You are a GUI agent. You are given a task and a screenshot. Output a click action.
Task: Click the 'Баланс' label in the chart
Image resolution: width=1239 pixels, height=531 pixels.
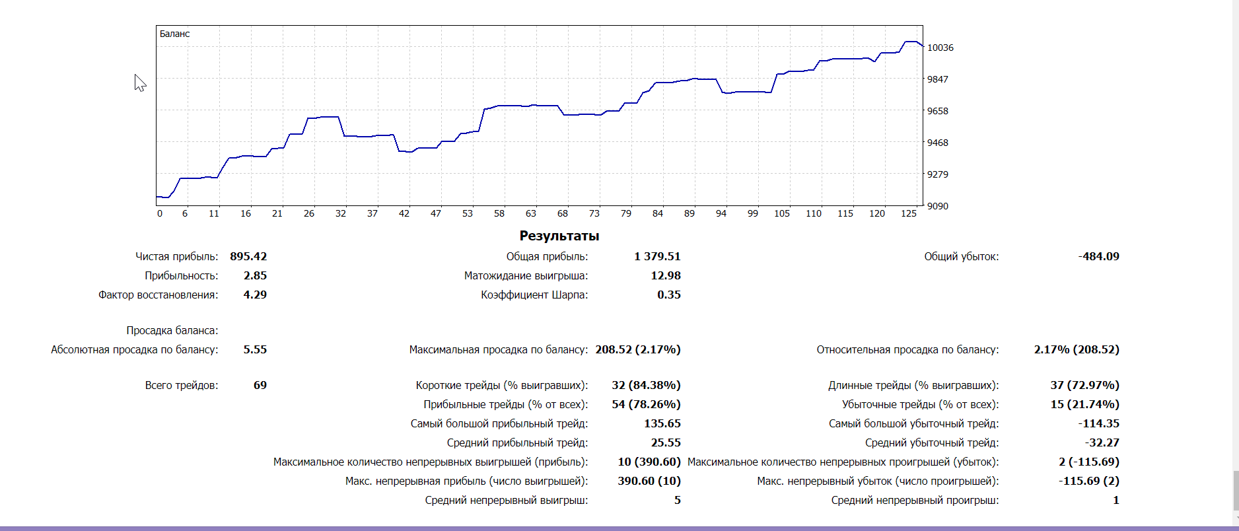[x=174, y=34]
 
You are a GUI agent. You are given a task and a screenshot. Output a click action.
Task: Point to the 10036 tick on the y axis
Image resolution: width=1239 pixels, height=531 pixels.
[x=940, y=48]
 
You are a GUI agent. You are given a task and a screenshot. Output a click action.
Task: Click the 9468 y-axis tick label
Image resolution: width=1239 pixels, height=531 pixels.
[x=937, y=143]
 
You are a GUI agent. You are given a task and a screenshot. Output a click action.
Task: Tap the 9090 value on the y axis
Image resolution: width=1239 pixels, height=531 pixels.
[x=937, y=206]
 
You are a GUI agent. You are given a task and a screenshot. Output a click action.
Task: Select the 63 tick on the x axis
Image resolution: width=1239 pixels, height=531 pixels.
[x=530, y=213]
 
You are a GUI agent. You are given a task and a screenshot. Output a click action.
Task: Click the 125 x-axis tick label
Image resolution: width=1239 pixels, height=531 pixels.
[x=909, y=213]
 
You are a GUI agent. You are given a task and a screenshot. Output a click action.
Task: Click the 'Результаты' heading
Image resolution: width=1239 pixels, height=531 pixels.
[x=559, y=236]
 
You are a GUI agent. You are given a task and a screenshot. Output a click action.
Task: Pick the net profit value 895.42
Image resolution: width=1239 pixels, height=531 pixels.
[x=248, y=256]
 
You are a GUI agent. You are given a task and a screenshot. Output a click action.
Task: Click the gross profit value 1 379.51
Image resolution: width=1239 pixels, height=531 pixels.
[x=657, y=256]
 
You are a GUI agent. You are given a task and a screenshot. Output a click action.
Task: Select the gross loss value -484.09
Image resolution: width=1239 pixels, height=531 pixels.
[x=1098, y=256]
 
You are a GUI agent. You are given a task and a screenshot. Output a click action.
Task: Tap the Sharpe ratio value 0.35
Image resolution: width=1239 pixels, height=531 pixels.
[x=668, y=295]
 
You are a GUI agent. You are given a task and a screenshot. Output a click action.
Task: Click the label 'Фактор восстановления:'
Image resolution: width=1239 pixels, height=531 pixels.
[x=158, y=295]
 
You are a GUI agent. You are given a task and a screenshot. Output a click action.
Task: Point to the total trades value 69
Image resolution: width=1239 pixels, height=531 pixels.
[x=260, y=385]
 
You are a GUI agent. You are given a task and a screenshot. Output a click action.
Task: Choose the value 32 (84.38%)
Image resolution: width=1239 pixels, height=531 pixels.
[x=646, y=385]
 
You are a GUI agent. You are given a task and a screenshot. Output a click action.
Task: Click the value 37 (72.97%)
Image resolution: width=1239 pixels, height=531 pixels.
[x=1084, y=385]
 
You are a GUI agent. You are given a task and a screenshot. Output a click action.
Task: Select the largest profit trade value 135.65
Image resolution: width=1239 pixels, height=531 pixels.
[x=662, y=423]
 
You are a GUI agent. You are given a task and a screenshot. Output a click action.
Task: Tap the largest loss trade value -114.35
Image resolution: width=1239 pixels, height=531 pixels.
[x=1098, y=423]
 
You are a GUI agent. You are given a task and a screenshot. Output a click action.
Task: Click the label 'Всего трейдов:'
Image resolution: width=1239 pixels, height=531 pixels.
[x=181, y=385]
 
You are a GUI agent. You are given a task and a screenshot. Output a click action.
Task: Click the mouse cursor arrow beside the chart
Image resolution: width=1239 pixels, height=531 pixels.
[x=139, y=82]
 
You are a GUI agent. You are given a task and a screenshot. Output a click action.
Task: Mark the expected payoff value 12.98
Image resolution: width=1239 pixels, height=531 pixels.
[x=665, y=275]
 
